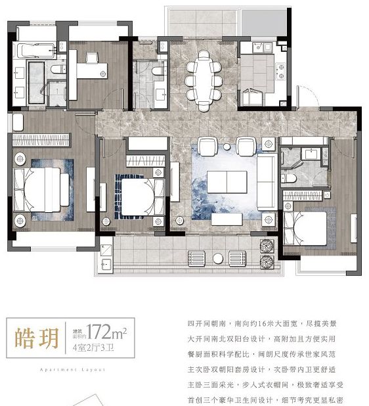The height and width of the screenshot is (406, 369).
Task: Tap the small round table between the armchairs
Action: pyautogui.click(x=227, y=144)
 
